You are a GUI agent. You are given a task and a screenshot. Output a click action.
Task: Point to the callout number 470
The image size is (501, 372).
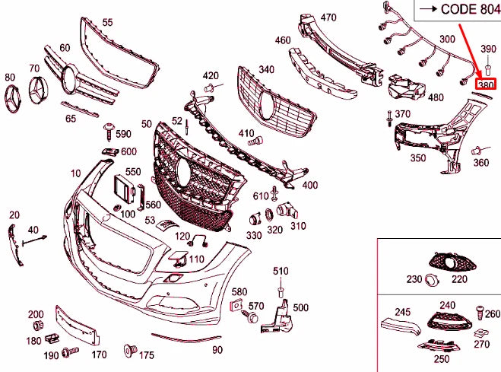click(x=328, y=17)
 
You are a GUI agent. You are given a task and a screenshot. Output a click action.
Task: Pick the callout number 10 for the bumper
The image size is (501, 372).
click(x=76, y=173)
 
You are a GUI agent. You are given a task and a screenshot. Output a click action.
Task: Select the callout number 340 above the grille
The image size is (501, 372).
click(x=266, y=69)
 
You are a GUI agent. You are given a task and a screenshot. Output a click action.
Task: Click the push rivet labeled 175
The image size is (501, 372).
click(x=128, y=351)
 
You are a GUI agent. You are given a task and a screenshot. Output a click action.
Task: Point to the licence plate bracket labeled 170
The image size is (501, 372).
click(x=75, y=325)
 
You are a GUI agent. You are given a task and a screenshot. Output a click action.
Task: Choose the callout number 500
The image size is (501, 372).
click(x=300, y=307)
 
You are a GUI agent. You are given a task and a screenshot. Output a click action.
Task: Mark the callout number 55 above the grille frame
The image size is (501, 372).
click(x=107, y=23)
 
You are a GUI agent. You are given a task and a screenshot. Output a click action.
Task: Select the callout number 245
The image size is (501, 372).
click(x=402, y=311)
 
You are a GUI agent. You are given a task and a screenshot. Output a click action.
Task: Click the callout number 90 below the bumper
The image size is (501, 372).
click(x=217, y=350)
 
